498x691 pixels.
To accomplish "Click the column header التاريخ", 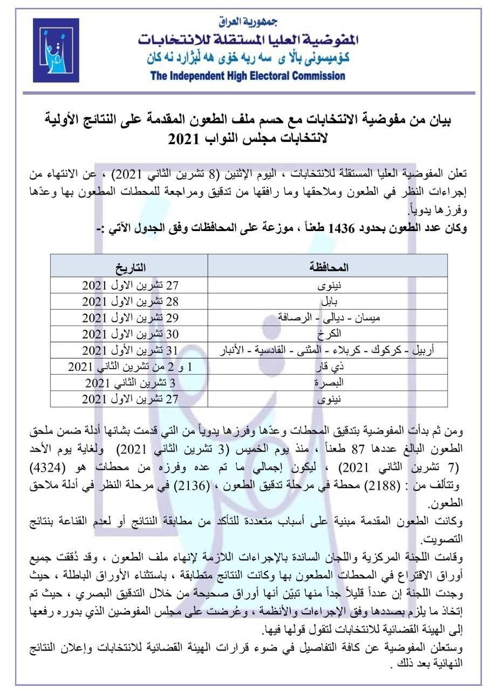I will [130, 267].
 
